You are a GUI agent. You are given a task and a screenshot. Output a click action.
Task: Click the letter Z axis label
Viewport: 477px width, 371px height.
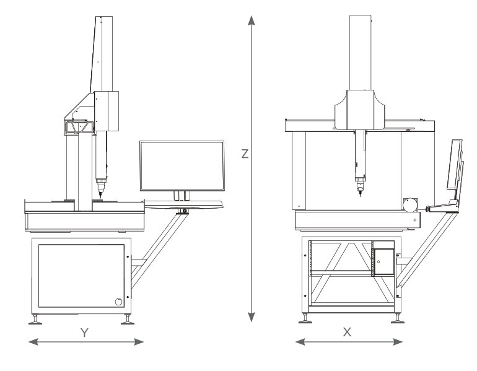pos(245,154)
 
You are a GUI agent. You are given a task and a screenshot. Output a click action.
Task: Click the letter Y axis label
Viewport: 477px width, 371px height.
pos(85,333)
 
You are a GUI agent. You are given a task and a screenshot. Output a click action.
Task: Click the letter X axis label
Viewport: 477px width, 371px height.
pos(347,332)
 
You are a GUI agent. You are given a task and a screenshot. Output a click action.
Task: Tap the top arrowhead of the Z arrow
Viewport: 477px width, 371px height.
pos(252,20)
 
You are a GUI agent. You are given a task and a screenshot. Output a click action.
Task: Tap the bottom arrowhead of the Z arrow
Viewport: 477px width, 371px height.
pos(252,317)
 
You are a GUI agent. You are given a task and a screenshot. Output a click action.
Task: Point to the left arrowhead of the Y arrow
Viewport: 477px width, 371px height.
pos(33,342)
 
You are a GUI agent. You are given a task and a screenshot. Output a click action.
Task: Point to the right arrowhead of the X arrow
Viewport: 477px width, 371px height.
pos(398,342)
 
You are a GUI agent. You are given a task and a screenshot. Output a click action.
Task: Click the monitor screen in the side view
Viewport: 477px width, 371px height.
pos(182,166)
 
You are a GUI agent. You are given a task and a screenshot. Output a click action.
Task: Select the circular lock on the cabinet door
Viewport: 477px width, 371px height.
pos(118,302)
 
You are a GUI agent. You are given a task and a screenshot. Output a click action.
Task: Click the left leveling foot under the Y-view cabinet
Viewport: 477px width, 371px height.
pos(35,320)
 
